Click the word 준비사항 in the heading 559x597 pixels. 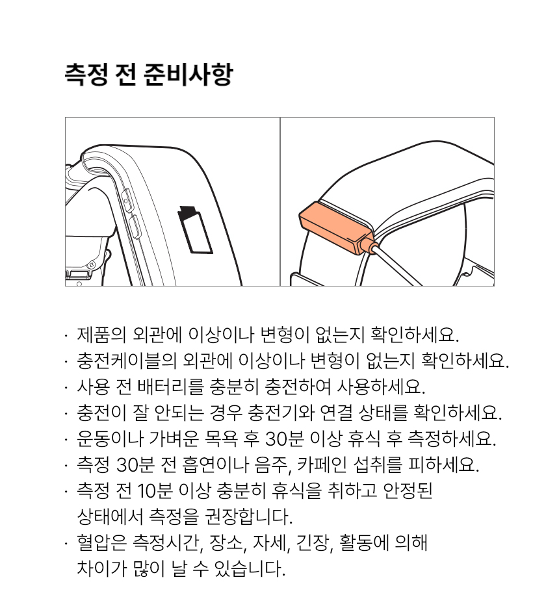pos(188,75)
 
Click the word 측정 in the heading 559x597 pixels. pos(86,75)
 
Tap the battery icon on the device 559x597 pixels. pos(195,229)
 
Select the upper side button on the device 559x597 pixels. pos(128,199)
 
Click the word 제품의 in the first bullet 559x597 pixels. pos(101,335)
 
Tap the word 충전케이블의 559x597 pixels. pos(127,361)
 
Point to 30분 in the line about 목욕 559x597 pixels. pos(284,438)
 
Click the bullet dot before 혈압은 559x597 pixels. pos(67,542)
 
